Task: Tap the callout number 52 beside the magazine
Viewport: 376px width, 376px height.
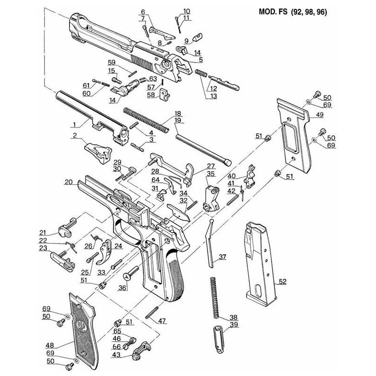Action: (282, 282)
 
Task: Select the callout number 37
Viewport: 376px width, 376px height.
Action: (222, 257)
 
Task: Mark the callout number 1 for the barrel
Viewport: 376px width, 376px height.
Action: (74, 126)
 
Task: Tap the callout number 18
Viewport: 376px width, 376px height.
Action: (177, 114)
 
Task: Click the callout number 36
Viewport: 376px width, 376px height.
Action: (124, 288)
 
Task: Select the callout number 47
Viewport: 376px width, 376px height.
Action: (162, 321)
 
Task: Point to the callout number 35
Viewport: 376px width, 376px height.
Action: (210, 173)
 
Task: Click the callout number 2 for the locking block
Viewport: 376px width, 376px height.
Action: (74, 136)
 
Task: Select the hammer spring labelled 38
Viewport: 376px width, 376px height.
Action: (215, 296)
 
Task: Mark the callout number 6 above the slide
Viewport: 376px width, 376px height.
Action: (143, 11)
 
